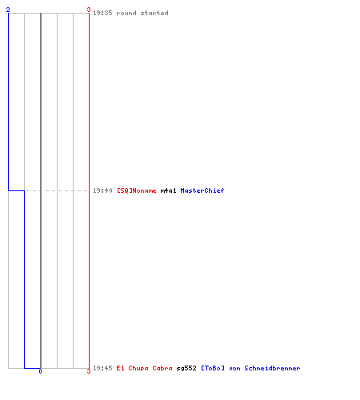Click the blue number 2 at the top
[x=8, y=10]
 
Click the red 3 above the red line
[x=89, y=10]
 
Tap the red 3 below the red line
[x=89, y=371]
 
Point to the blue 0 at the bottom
[x=40, y=371]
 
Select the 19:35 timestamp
[x=102, y=13]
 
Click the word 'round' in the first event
[x=126, y=13]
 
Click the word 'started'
[x=154, y=13]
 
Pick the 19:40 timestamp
[x=102, y=190]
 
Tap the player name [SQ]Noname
[x=137, y=190]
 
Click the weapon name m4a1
[x=168, y=190]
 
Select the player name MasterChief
[x=202, y=190]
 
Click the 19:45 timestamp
[x=102, y=368]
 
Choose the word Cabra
[x=162, y=368]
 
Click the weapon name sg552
[x=186, y=368]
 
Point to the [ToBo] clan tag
[x=213, y=368]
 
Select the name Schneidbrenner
[x=272, y=368]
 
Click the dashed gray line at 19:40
[x=57, y=190]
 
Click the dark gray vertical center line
[x=41, y=190]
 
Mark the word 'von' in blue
[x=234, y=369]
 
